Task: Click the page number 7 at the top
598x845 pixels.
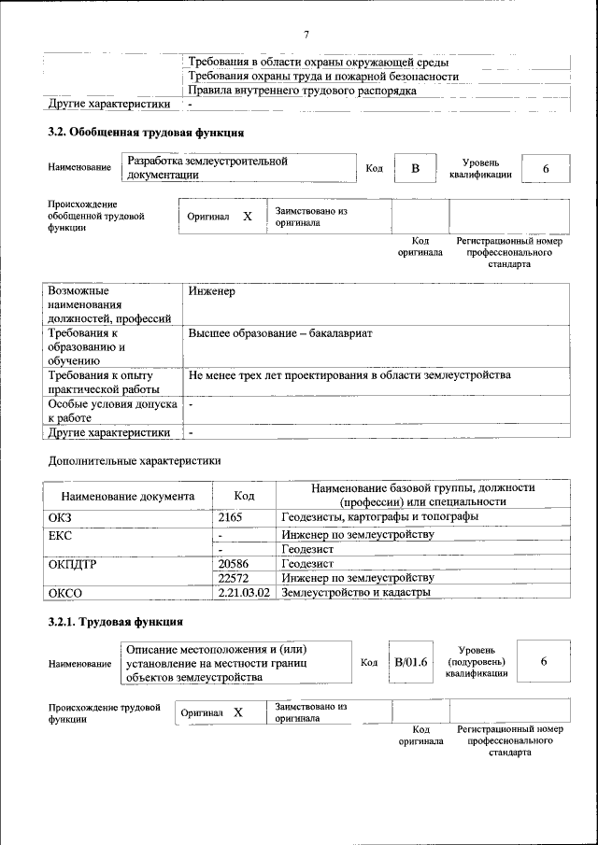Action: (306, 35)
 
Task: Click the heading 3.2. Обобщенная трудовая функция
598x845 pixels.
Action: (146, 132)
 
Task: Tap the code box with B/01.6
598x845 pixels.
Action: (410, 662)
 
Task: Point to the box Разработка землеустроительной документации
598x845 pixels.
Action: (238, 167)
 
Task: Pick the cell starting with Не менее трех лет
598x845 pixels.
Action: (349, 375)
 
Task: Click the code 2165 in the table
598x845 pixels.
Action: (230, 516)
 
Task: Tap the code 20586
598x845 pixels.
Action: (233, 564)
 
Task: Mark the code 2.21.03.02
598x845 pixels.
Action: (244, 592)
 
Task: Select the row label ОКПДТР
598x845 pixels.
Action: (72, 564)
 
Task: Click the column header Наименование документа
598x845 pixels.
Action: (128, 497)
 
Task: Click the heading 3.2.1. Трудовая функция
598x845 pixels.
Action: (115, 621)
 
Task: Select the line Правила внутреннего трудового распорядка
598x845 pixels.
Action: (302, 91)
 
